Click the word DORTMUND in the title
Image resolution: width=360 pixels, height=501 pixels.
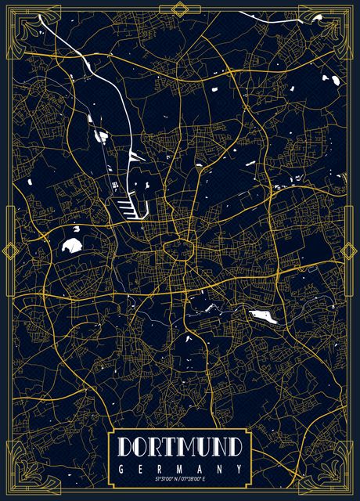pos(180,447)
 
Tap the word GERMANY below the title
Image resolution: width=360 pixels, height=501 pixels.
pos(180,468)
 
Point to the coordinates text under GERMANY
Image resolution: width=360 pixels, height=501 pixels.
pos(180,478)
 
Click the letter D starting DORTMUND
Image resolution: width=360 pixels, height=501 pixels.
pos(127,447)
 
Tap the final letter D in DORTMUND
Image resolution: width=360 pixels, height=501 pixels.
pos(233,447)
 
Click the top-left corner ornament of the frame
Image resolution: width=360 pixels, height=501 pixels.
pos(21,21)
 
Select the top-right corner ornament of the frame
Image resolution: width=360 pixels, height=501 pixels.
pos(339,21)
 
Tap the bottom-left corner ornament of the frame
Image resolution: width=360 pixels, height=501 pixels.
pos(21,479)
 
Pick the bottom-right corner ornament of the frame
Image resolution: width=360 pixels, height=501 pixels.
pos(339,479)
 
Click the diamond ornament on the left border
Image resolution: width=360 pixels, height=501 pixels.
pos(9,250)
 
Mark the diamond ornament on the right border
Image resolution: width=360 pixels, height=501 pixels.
pos(351,250)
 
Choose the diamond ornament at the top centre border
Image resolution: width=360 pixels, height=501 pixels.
pos(180,9)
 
